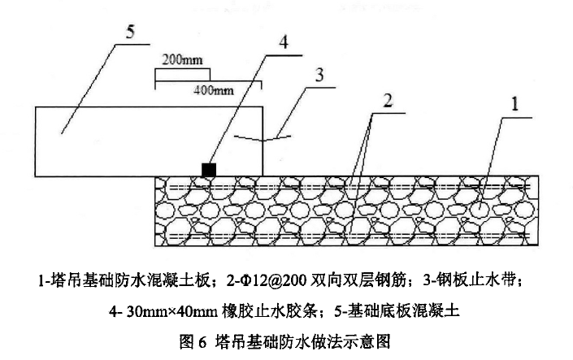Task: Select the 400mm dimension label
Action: click(211, 89)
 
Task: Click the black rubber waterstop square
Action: click(210, 169)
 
